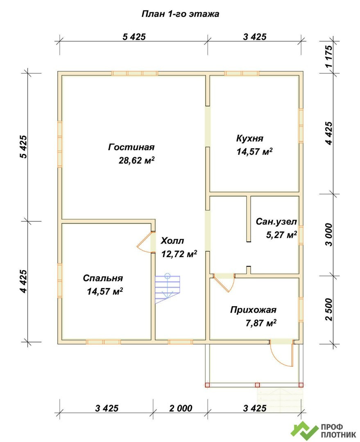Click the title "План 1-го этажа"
click(180, 14)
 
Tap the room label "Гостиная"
click(131, 147)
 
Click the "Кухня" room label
click(250, 138)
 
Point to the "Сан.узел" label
click(276, 221)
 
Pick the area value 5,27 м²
click(281, 234)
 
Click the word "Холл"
click(172, 241)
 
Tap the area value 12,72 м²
click(179, 254)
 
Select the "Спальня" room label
click(103, 278)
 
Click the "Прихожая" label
click(253, 309)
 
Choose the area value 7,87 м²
click(261, 322)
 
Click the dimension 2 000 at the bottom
click(181, 408)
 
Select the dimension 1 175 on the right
click(329, 56)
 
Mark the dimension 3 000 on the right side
click(329, 235)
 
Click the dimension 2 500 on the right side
click(329, 309)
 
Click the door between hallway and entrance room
click(224, 282)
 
